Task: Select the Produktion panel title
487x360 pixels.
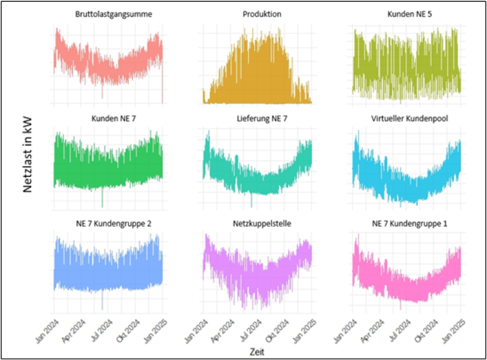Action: (x=262, y=14)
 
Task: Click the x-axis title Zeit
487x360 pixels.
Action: (x=257, y=350)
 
